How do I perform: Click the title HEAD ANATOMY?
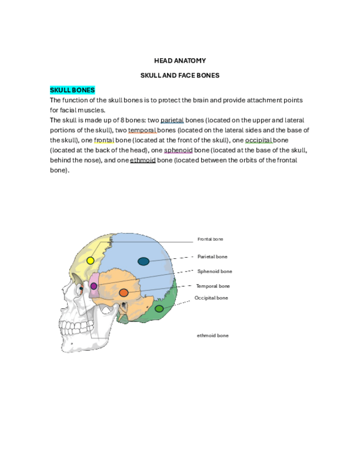(x=180, y=60)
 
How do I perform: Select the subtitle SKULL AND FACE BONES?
(x=180, y=75)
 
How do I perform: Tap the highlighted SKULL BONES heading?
(x=73, y=90)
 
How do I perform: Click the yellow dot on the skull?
(x=91, y=260)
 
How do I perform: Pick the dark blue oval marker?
(x=143, y=262)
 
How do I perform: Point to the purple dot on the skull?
(x=93, y=286)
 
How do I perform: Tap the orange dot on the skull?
(x=124, y=292)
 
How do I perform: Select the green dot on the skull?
(x=159, y=308)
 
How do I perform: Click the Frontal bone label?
(x=211, y=239)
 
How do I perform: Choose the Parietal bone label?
(x=212, y=257)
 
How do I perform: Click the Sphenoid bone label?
(x=214, y=271)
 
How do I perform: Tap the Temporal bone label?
(x=213, y=286)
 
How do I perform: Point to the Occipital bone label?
(x=211, y=298)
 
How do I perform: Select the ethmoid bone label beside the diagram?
(x=213, y=335)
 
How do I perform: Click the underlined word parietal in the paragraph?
(x=172, y=120)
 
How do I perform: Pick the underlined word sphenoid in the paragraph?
(x=178, y=150)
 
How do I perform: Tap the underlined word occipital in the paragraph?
(x=259, y=140)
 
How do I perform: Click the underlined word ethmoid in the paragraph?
(x=143, y=160)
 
